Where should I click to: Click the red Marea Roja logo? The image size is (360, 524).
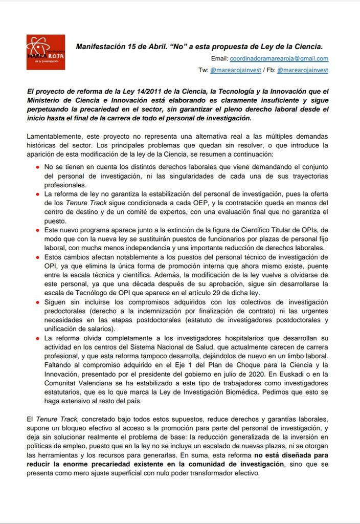click(46, 52)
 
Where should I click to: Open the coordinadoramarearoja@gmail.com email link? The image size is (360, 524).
click(279, 59)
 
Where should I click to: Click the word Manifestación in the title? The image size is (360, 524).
click(100, 46)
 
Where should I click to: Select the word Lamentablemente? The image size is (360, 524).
click(52, 137)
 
